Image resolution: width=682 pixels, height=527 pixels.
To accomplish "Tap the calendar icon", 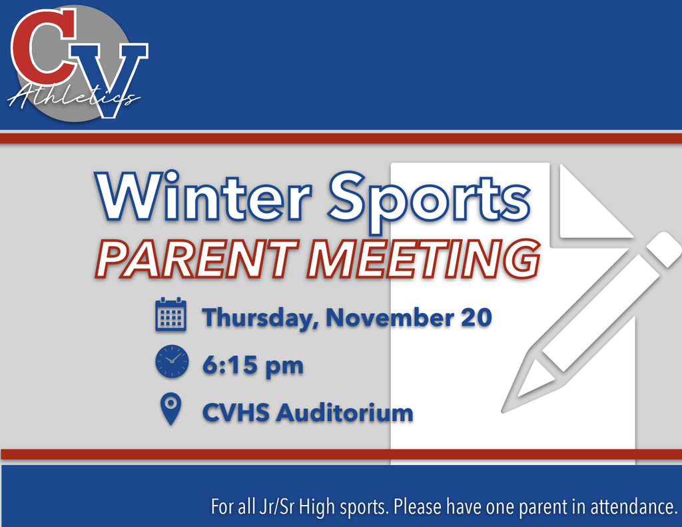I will (170, 315).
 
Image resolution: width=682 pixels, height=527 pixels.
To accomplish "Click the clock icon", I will (172, 361).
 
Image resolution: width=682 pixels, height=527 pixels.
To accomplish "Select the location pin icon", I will (171, 408).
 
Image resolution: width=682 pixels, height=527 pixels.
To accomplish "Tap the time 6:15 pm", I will (253, 365).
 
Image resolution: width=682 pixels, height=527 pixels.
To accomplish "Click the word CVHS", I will (236, 412).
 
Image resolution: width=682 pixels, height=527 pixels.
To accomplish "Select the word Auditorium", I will (344, 412).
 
